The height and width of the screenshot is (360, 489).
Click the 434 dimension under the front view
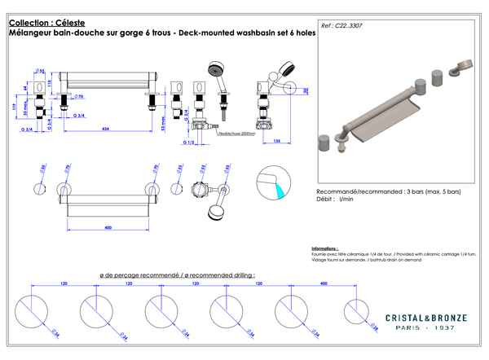point(106,128)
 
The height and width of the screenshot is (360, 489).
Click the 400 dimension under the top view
point(108,227)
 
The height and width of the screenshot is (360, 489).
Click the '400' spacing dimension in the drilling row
point(324,285)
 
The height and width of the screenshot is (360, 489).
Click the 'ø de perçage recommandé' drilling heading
point(139,275)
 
